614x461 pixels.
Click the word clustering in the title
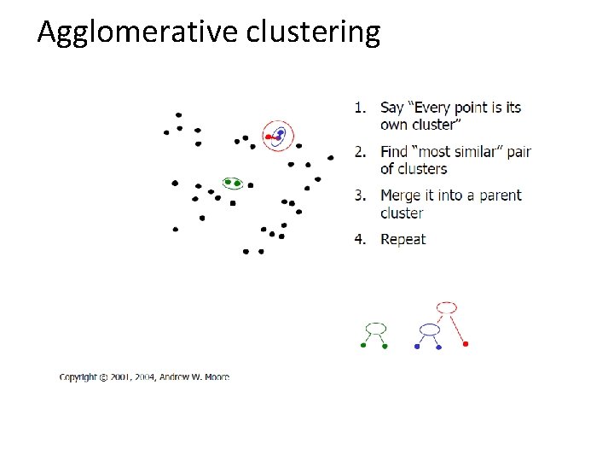click(313, 32)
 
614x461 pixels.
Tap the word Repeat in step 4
click(403, 240)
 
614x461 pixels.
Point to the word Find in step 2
click(394, 152)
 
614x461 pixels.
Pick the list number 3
click(360, 195)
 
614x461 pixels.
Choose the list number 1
click(360, 108)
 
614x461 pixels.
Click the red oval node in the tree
click(446, 307)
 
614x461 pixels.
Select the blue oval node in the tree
click(430, 329)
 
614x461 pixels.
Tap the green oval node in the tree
click(375, 328)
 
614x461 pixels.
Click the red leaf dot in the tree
click(466, 344)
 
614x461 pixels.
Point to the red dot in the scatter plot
click(269, 137)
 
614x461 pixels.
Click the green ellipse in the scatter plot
click(233, 183)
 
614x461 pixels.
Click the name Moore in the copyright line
click(216, 376)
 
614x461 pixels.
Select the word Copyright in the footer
click(78, 376)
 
